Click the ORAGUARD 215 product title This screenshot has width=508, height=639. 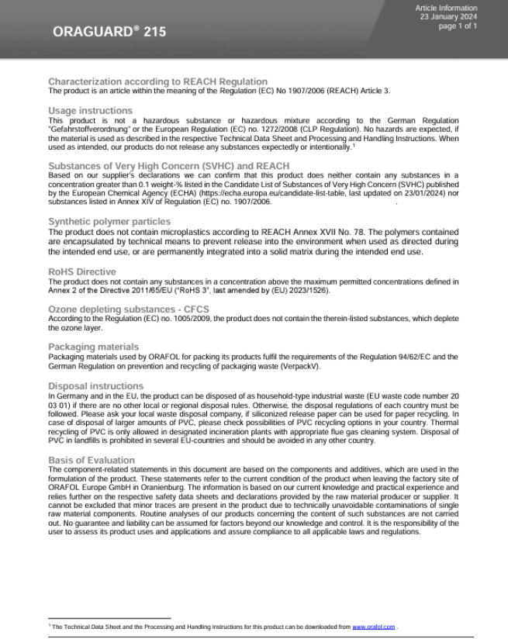pyautogui.click(x=109, y=33)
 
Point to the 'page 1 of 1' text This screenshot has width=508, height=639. pyautogui.click(x=458, y=26)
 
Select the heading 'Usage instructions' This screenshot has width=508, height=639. pyautogui.click(x=90, y=111)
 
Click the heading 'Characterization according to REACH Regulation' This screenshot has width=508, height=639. pyautogui.click(x=158, y=81)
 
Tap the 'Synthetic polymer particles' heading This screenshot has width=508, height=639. pyautogui.click(x=109, y=221)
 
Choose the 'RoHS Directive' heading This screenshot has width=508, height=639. pyautogui.click(x=82, y=271)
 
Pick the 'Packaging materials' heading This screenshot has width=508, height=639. pyautogui.click(x=94, y=346)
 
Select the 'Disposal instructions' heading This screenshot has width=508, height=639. pyautogui.click(x=95, y=385)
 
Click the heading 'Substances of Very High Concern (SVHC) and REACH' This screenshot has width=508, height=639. pyautogui.click(x=168, y=166)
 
